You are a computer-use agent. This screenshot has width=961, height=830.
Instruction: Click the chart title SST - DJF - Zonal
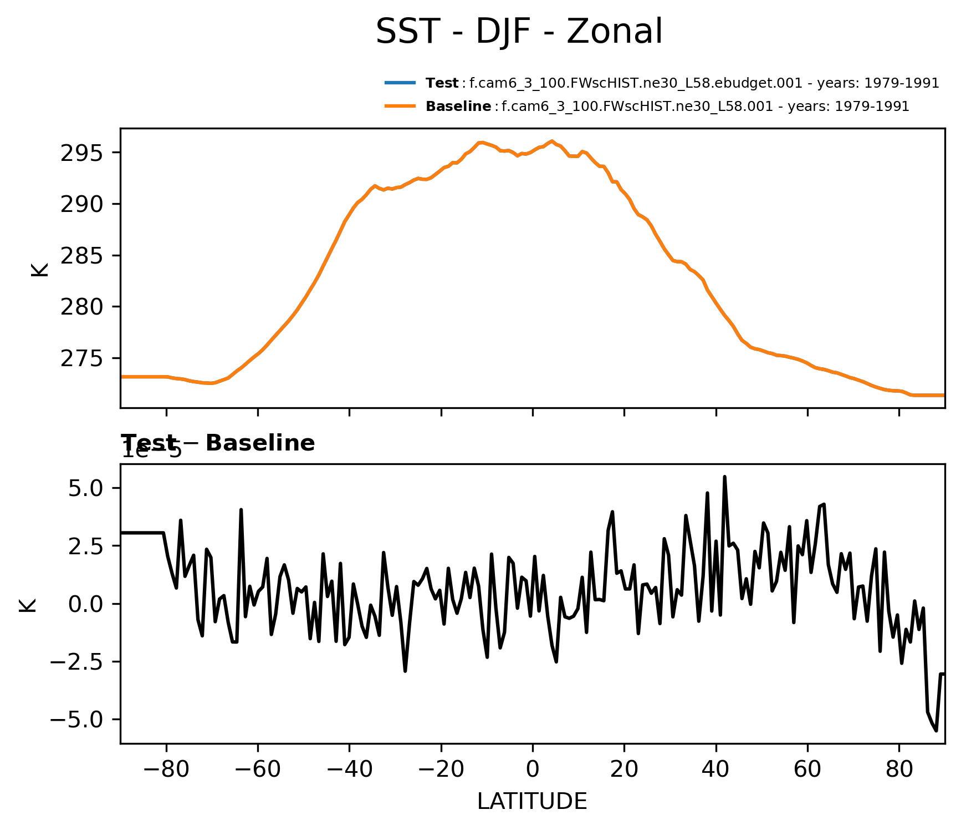coord(519,32)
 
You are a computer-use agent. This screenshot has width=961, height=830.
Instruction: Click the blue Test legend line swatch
coord(400,83)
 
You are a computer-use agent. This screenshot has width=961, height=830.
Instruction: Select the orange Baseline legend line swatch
coord(400,106)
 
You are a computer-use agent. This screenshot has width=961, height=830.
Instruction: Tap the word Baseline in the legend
coord(458,106)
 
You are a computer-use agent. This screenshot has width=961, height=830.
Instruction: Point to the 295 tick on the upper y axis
coord(82,153)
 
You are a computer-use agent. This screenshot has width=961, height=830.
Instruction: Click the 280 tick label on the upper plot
coord(82,307)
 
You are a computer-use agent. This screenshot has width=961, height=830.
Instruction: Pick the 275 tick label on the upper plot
coord(82,358)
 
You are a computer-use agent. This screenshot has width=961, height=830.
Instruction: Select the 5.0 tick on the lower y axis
coord(85,488)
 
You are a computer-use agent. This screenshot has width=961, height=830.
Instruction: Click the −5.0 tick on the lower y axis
coord(77,720)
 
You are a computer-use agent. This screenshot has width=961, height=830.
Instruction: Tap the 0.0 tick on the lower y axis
coord(85,604)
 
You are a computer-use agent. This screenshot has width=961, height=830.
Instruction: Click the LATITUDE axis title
coord(532,801)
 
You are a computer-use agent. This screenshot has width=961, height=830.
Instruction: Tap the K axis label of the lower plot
coord(28,605)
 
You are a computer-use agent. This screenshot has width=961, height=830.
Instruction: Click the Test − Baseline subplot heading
coord(218,443)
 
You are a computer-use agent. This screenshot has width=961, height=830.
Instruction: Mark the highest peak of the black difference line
coord(724,477)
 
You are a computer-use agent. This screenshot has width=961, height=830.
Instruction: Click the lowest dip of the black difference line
coord(936,730)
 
